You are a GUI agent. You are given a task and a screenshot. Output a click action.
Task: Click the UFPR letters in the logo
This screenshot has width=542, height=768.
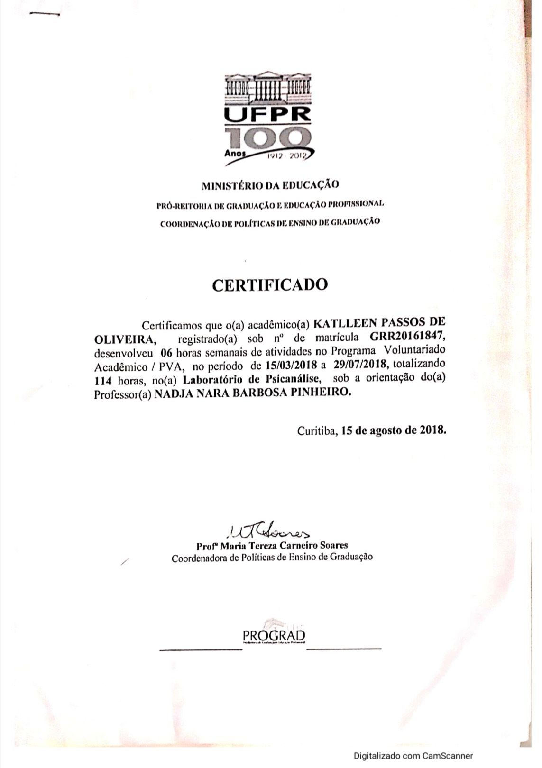pyautogui.click(x=268, y=114)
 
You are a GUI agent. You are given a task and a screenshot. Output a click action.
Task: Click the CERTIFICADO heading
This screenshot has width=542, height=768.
pyautogui.click(x=270, y=284)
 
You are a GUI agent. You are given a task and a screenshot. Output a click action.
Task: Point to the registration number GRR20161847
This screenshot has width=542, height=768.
pyautogui.click(x=409, y=338)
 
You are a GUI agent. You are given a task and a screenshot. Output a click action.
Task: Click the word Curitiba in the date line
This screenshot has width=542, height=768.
pyautogui.click(x=317, y=431)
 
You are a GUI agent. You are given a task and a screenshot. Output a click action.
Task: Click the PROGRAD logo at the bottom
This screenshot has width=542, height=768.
pyautogui.click(x=274, y=635)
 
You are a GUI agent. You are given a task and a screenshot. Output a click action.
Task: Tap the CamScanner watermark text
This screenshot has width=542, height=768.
pyautogui.click(x=413, y=756)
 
